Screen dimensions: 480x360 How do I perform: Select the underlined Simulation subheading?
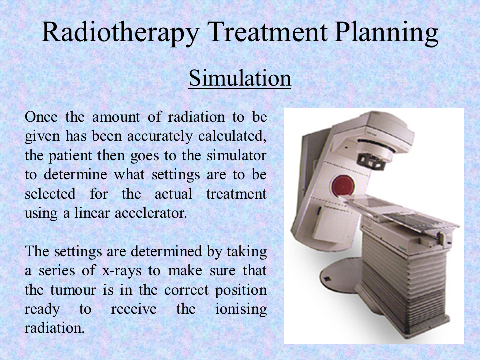click(x=240, y=79)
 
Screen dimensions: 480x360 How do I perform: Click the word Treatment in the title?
click(x=267, y=32)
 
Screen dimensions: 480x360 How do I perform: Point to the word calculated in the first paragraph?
click(x=232, y=136)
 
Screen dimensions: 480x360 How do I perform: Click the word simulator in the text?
click(x=236, y=156)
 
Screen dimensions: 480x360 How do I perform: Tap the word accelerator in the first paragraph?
click(x=151, y=213)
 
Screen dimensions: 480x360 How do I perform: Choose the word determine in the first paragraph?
click(x=75, y=175)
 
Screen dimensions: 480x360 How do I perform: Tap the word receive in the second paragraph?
click(x=134, y=309)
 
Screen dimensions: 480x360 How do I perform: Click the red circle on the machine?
click(x=343, y=186)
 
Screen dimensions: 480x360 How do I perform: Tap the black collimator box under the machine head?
click(x=372, y=161)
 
